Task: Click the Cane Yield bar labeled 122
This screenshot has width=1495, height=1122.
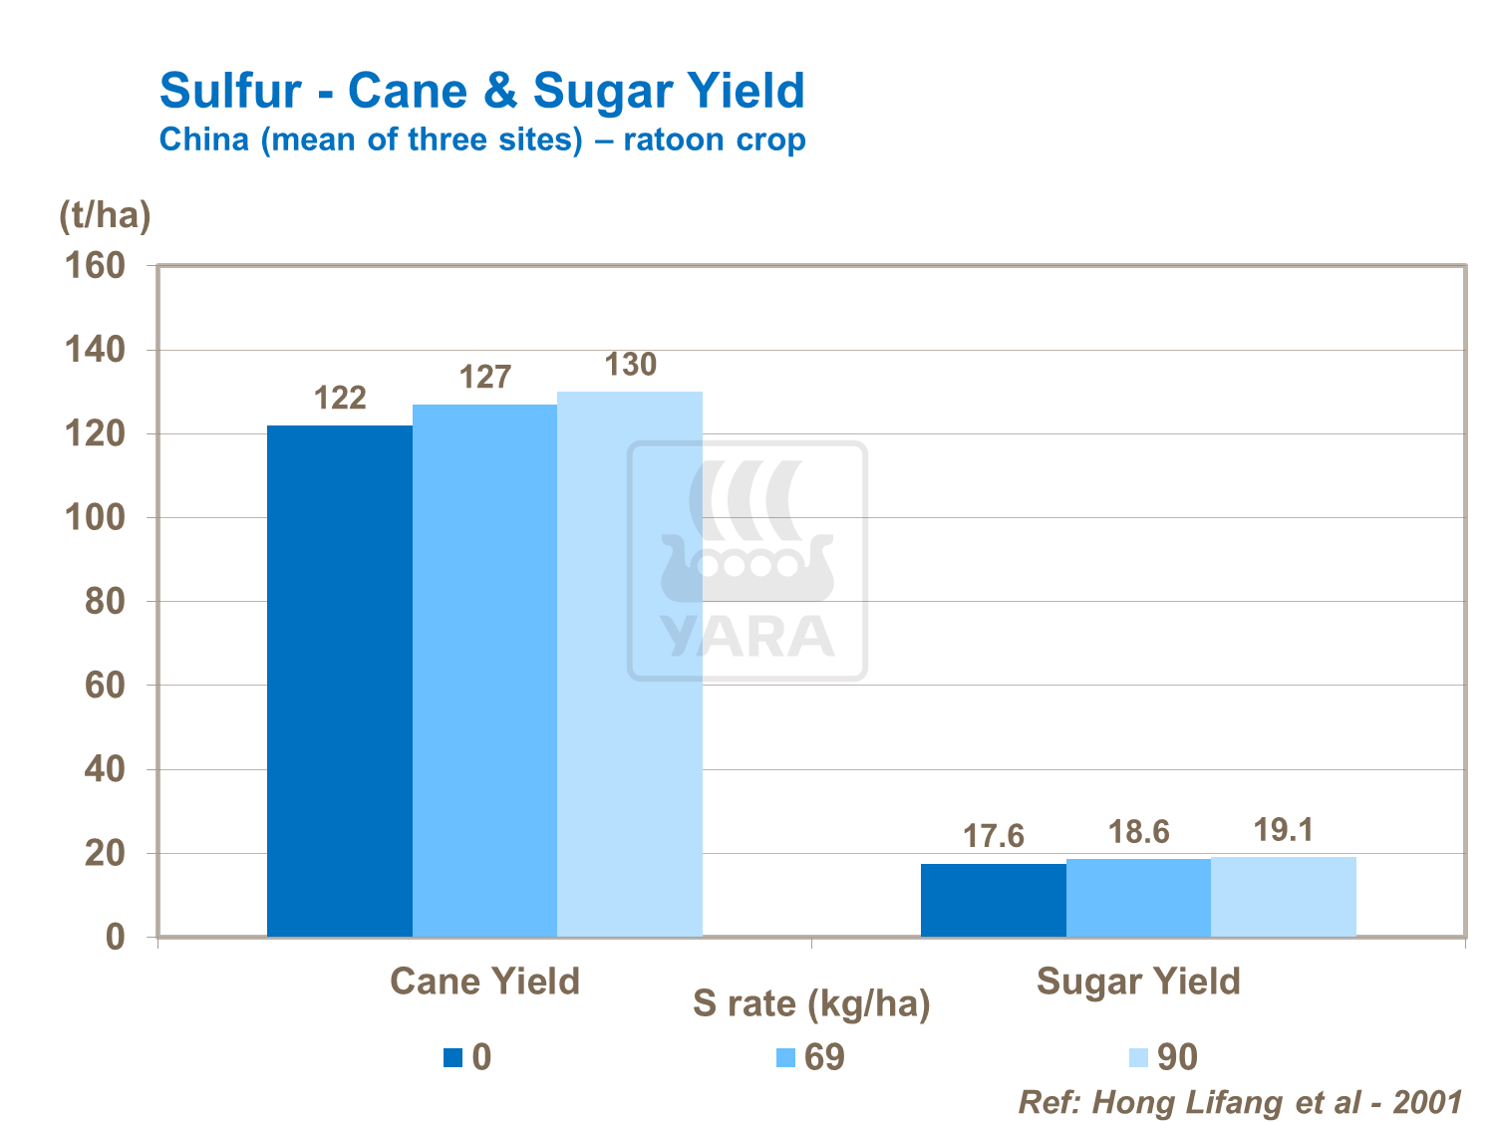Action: click(x=340, y=681)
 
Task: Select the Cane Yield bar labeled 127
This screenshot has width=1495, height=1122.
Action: click(x=485, y=670)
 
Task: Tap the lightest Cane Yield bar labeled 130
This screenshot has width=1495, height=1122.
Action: click(x=630, y=664)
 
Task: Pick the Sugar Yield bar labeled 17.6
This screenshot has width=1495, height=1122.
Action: click(x=994, y=900)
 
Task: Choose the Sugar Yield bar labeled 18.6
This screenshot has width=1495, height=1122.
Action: click(x=1138, y=898)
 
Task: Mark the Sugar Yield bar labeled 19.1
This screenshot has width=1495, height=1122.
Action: click(x=1284, y=897)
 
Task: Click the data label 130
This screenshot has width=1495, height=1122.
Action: click(x=631, y=365)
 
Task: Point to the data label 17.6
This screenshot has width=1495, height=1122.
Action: click(x=994, y=836)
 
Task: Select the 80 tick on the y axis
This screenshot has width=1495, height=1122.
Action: click(x=105, y=602)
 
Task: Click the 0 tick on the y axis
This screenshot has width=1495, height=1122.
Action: click(x=116, y=938)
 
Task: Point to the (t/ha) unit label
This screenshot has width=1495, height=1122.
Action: click(x=105, y=215)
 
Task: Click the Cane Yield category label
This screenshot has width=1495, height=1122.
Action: click(x=484, y=982)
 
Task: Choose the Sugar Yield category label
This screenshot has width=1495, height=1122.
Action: click(x=1138, y=982)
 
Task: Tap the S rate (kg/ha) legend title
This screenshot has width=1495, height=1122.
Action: click(x=811, y=1003)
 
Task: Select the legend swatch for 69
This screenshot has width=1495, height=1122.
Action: click(x=785, y=1057)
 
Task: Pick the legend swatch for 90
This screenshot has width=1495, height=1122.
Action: click(x=1138, y=1057)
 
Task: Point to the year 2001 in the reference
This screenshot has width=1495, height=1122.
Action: click(x=1427, y=1102)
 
